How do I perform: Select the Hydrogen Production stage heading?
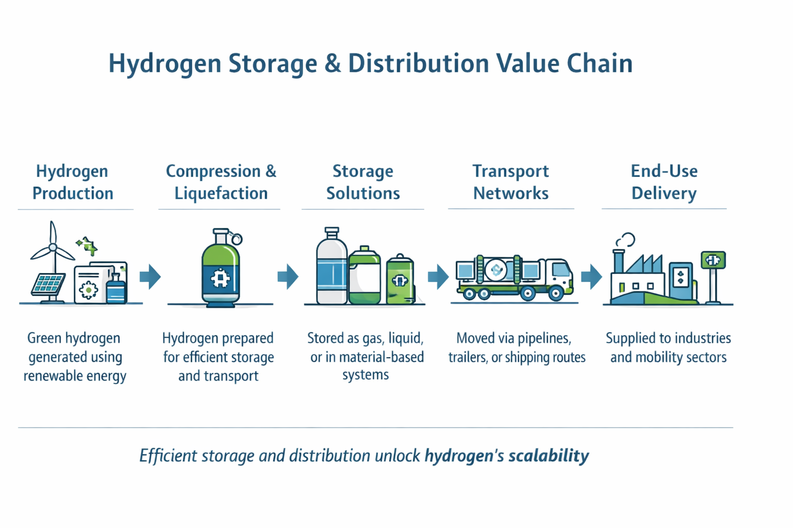tap(72, 182)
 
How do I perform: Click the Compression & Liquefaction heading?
tap(221, 182)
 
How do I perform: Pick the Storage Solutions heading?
tap(363, 182)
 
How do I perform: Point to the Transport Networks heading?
tap(511, 182)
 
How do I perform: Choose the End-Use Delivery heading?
tap(664, 182)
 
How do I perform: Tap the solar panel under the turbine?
tap(48, 284)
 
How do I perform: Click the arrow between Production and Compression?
tap(150, 277)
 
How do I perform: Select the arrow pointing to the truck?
tap(438, 277)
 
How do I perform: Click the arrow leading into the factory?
tap(592, 277)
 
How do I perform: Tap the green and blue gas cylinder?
tap(220, 271)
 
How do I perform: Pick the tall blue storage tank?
tap(331, 268)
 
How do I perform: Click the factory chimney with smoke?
tap(618, 260)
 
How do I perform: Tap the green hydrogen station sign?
tap(713, 260)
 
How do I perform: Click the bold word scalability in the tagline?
tap(548, 456)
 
